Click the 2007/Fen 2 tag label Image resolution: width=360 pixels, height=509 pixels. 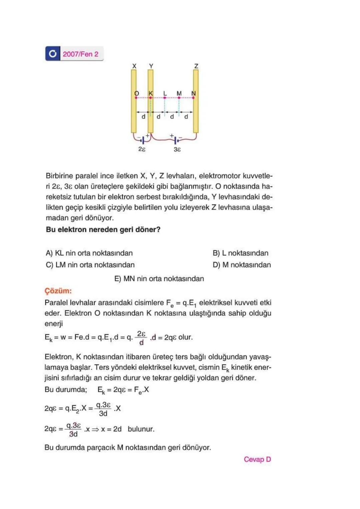[x=80, y=54]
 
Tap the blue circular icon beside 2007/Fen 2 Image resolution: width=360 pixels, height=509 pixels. [x=53, y=54]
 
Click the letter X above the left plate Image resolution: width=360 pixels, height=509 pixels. [x=134, y=66]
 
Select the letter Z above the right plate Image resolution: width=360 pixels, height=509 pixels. [x=196, y=66]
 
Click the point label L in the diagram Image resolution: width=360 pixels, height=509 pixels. [x=165, y=93]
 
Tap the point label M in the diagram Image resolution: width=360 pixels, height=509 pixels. [x=179, y=93]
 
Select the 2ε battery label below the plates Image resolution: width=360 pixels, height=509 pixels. [x=142, y=149]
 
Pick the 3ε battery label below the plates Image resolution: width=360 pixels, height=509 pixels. [x=177, y=149]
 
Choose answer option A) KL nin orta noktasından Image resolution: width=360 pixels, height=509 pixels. [x=89, y=253]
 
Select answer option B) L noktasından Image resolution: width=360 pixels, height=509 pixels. [x=240, y=253]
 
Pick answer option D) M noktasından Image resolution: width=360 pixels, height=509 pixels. [x=242, y=265]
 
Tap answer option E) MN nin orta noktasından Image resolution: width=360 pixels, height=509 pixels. [x=159, y=279]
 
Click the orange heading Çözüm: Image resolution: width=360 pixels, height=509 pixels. [x=58, y=291]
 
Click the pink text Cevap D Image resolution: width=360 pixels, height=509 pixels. [x=257, y=459]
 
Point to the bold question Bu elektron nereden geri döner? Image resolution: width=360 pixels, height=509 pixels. [x=103, y=230]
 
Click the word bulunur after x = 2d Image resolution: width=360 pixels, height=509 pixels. [x=141, y=429]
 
